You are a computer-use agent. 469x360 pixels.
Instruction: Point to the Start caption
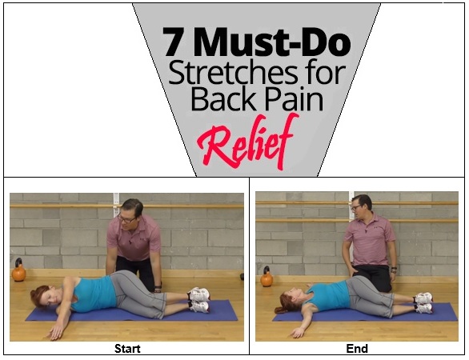[x=127, y=349]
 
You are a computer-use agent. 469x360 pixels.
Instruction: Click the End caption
[x=357, y=349]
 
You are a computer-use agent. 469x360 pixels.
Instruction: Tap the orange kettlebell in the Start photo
[x=18, y=270]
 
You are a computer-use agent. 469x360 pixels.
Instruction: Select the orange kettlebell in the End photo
[x=267, y=277]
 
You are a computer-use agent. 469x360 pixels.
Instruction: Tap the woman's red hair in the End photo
[x=286, y=302]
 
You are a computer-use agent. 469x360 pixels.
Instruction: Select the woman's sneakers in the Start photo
[x=198, y=300]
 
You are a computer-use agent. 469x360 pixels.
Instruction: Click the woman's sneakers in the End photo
[x=423, y=303]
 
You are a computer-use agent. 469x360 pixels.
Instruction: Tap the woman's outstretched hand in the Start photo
[x=56, y=331]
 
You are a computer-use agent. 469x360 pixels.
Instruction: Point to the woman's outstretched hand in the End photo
[x=297, y=332]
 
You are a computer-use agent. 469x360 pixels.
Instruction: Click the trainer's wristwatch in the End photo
[x=395, y=269]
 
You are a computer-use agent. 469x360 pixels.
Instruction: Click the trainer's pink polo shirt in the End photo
[x=371, y=240]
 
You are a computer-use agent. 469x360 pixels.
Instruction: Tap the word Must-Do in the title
[x=272, y=42]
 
